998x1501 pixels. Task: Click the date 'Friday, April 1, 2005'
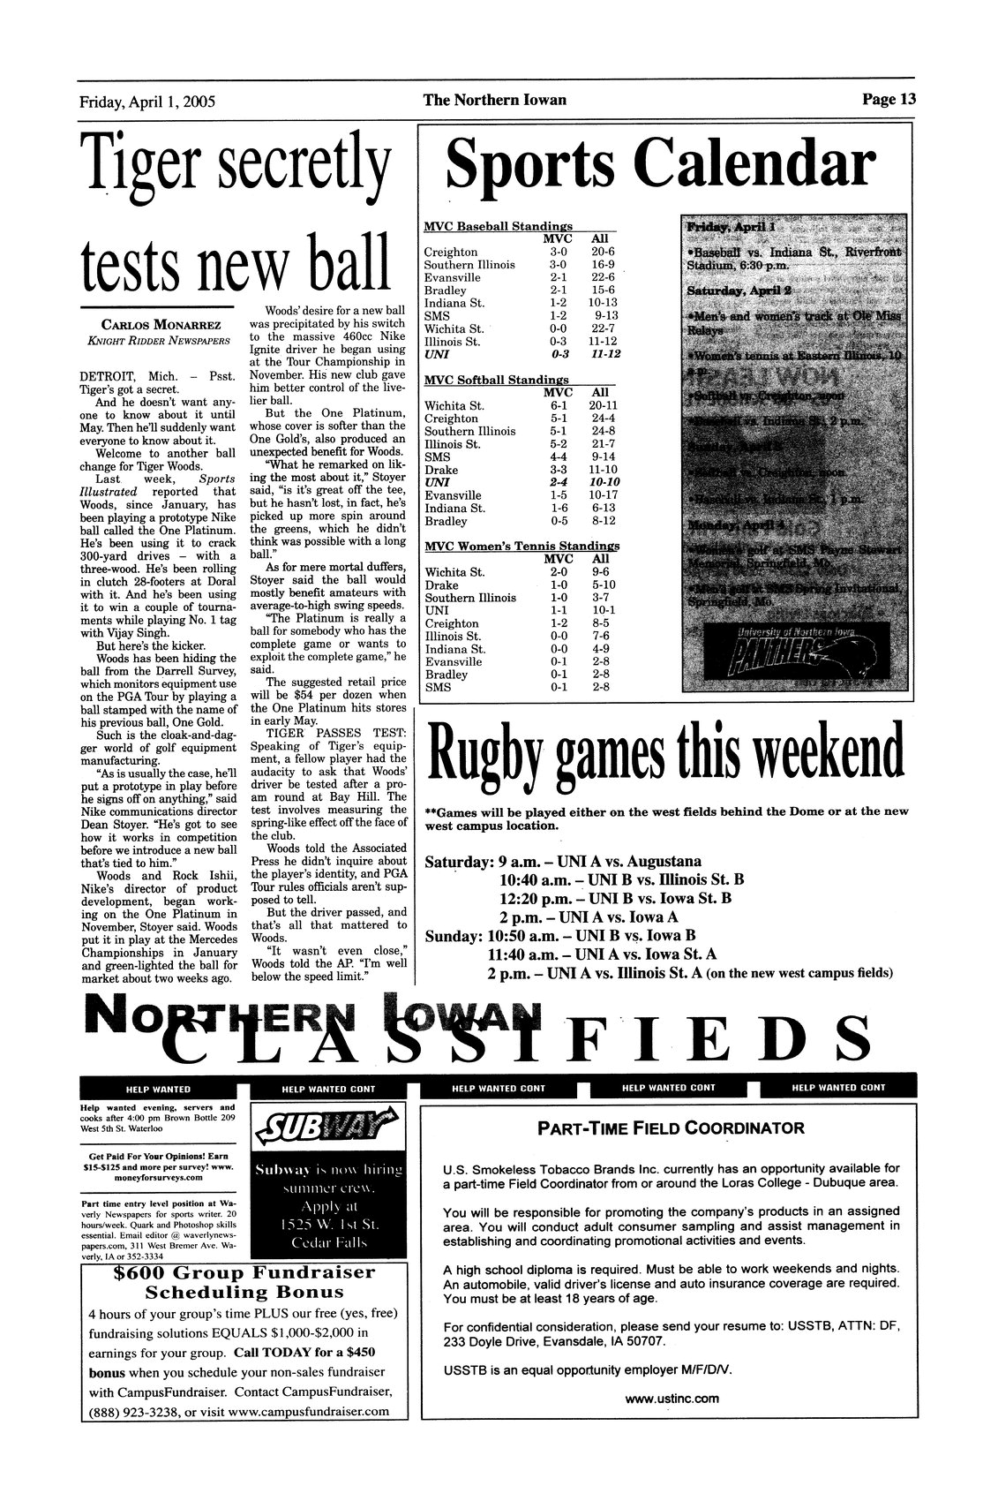pos(147,101)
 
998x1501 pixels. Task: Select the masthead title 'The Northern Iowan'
pos(494,100)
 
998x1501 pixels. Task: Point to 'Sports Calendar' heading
pos(662,164)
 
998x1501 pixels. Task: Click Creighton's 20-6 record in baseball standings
pos(605,252)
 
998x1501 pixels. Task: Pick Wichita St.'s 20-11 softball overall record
pos(604,406)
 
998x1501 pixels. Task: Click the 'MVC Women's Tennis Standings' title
pos(522,545)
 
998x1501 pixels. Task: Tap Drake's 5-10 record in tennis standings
pos(604,585)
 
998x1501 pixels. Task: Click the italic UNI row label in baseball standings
pos(437,354)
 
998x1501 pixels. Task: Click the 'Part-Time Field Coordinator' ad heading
pos(670,1128)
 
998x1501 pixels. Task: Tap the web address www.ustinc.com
pos(672,1398)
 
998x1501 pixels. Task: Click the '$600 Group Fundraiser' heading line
pos(244,1273)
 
